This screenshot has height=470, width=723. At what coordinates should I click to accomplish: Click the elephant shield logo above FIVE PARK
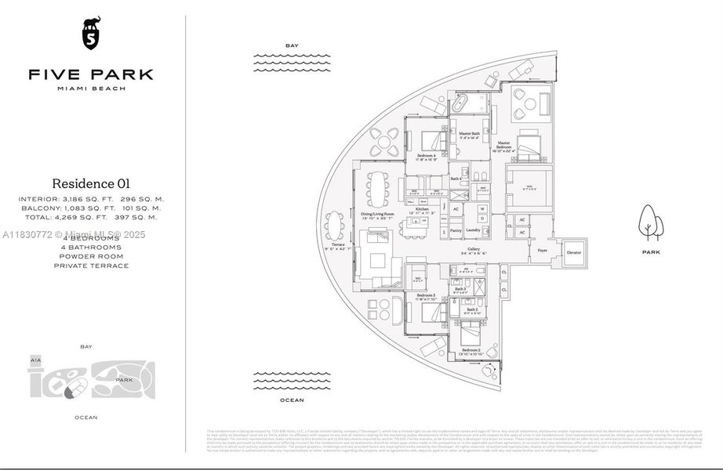pyautogui.click(x=91, y=34)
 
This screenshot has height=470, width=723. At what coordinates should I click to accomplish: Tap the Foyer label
pyautogui.click(x=542, y=251)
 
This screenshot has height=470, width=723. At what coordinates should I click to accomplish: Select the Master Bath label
pyautogui.click(x=470, y=134)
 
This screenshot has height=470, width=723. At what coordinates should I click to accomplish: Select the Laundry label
pyautogui.click(x=472, y=230)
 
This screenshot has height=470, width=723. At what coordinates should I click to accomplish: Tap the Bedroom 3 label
pyautogui.click(x=425, y=295)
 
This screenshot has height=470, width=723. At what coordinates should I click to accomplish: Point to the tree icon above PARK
pyautogui.click(x=649, y=222)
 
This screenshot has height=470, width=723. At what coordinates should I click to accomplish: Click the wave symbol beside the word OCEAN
pyautogui.click(x=291, y=384)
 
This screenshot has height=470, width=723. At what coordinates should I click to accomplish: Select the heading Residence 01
pyautogui.click(x=91, y=184)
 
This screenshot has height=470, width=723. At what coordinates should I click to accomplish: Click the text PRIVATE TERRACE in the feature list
pyautogui.click(x=91, y=266)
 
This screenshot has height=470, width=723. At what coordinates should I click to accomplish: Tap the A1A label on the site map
pyautogui.click(x=35, y=360)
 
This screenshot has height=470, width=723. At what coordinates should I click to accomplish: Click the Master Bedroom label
pyautogui.click(x=503, y=144)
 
